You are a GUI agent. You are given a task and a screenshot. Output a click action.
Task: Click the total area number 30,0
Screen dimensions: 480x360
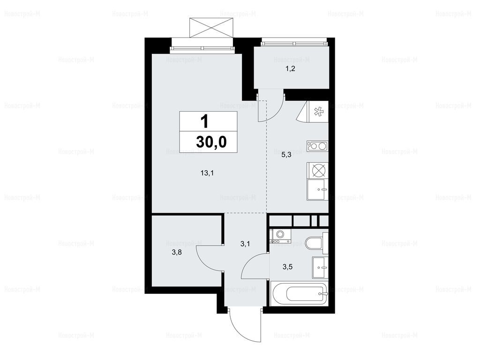211,142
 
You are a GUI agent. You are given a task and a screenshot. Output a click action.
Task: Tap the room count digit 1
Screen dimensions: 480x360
204,121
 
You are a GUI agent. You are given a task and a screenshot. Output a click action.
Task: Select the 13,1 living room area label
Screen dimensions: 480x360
207,173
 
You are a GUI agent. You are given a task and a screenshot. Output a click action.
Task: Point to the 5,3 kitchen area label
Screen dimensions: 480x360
286,155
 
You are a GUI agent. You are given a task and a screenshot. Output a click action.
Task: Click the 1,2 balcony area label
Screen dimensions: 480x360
290,68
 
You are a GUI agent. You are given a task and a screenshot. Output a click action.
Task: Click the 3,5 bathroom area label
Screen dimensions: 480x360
287,267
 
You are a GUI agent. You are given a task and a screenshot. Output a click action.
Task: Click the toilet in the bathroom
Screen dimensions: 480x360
317,243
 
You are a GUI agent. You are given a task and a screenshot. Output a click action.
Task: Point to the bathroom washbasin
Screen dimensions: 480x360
320,268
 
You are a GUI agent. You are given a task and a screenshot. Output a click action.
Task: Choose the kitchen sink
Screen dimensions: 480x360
317,190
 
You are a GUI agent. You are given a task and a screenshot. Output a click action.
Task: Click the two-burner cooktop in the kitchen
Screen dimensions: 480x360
317,146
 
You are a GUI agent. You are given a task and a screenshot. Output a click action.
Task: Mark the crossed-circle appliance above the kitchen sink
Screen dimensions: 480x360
317,170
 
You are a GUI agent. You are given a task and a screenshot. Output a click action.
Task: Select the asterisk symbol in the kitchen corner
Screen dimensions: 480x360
319,112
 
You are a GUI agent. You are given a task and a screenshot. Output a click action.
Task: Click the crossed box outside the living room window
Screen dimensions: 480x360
211,28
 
